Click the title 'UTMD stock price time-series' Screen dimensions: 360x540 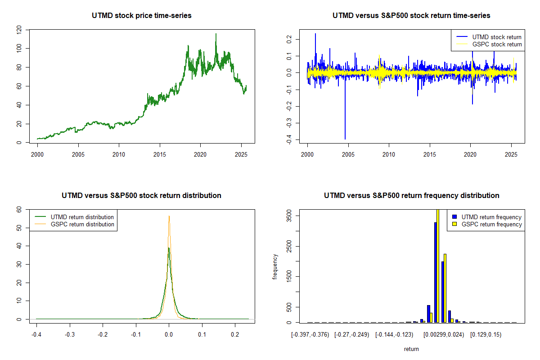pyautogui.click(x=142, y=16)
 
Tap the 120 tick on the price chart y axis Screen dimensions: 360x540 pyautogui.click(x=19, y=30)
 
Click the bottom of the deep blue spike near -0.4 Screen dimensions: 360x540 pyautogui.click(x=345, y=139)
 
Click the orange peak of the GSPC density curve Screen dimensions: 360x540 pyautogui.click(x=169, y=216)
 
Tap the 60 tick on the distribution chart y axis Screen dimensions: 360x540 pyautogui.click(x=19, y=209)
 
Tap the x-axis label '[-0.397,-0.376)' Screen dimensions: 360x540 pyautogui.click(x=310, y=335)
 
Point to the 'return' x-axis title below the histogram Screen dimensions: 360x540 pyautogui.click(x=411, y=349)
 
